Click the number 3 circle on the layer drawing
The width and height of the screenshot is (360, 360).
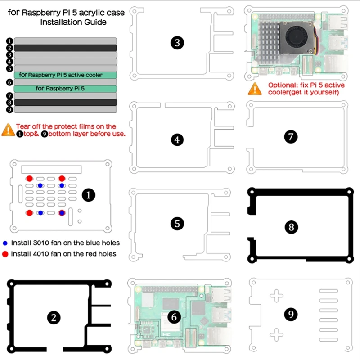click(177, 43)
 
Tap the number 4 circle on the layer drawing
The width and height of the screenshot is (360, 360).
click(177, 140)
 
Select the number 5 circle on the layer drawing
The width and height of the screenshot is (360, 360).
click(177, 223)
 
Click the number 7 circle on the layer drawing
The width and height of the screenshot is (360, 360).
click(291, 137)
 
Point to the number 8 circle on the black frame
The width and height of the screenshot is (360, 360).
click(291, 227)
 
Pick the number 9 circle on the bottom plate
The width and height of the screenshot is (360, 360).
click(291, 314)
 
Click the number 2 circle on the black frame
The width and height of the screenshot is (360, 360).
click(54, 318)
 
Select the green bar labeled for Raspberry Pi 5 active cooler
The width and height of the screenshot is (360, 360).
click(66, 75)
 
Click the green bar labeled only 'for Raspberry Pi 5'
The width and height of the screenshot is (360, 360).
click(66, 89)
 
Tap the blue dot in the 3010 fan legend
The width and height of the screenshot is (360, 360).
click(5, 243)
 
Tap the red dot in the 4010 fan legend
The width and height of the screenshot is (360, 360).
click(5, 254)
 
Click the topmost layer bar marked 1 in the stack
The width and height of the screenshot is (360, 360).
click(66, 41)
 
